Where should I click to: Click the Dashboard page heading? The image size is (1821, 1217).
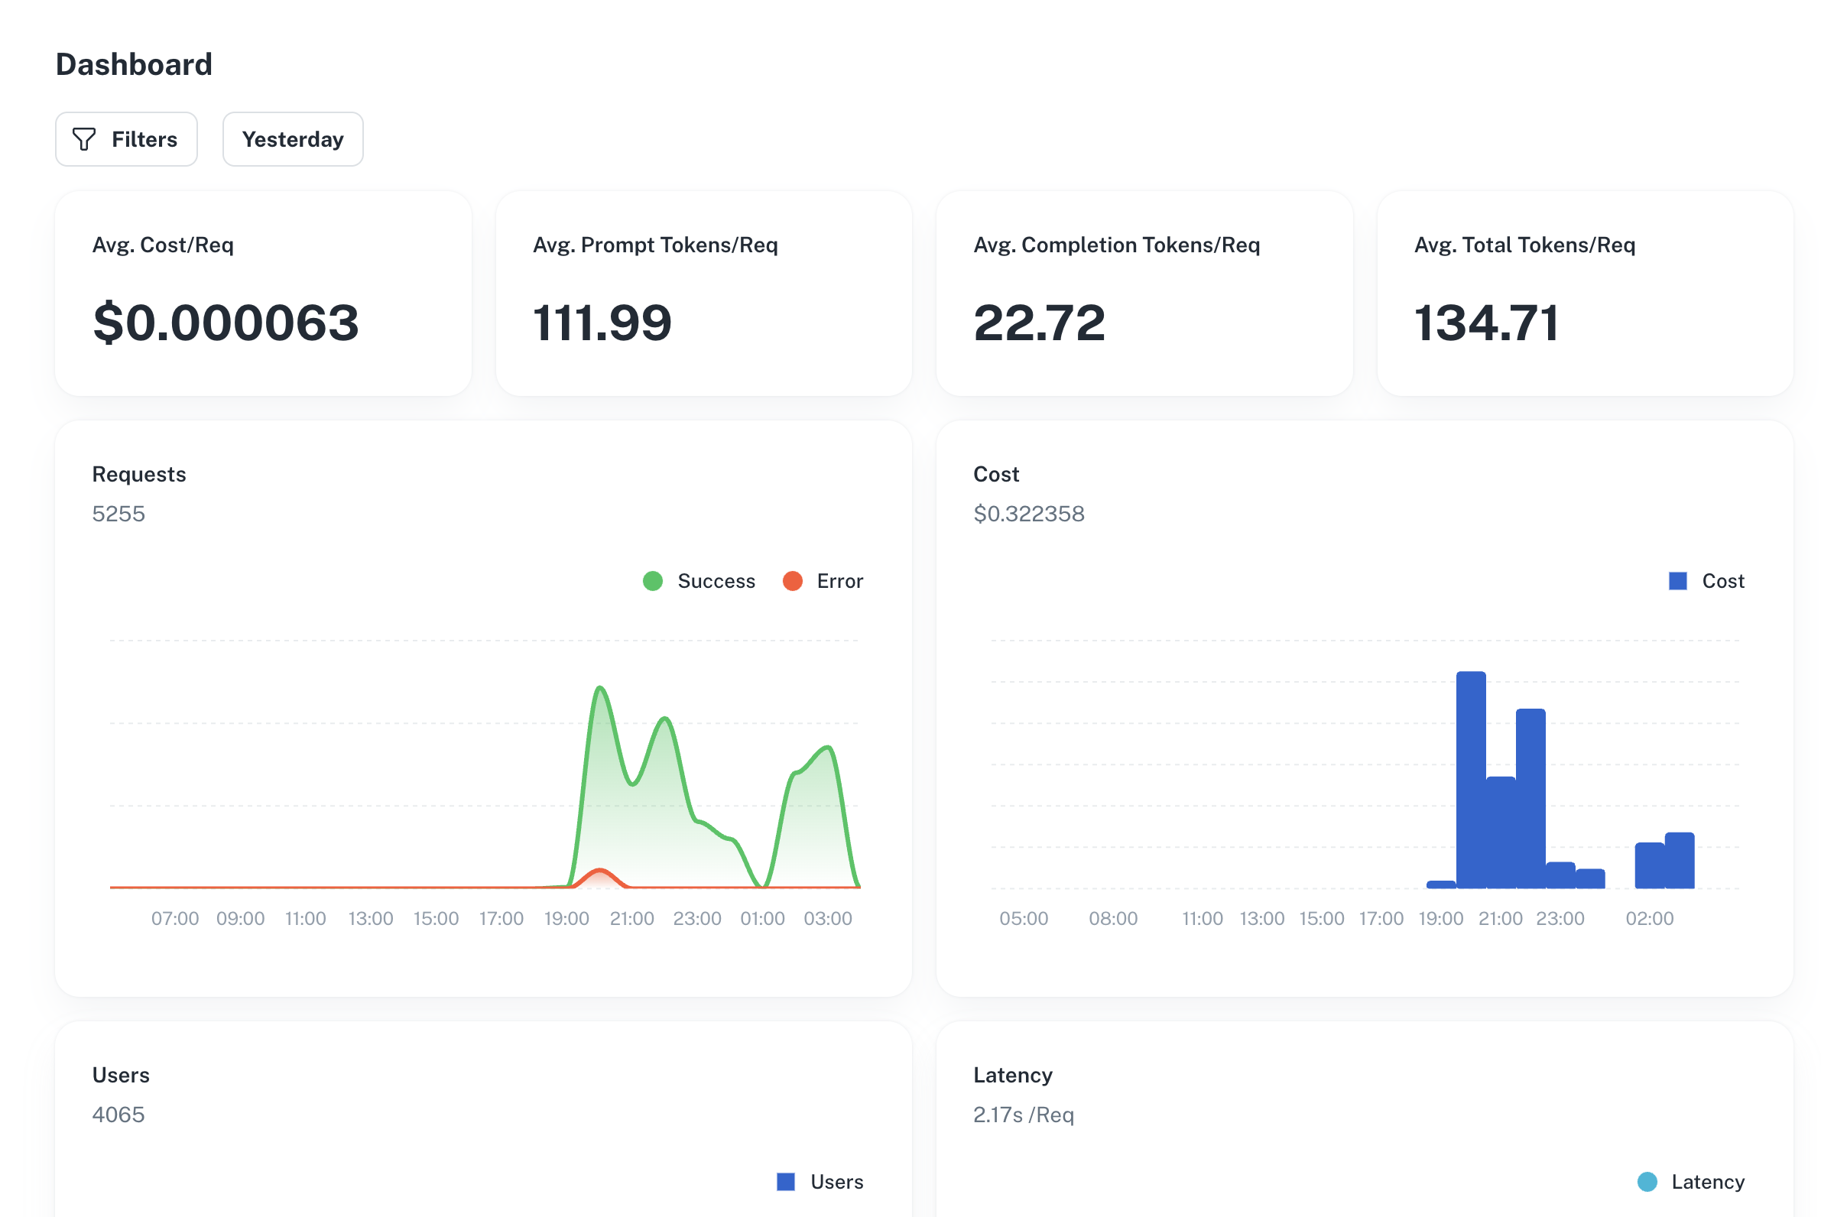[135, 64]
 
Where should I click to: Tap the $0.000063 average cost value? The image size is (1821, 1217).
[226, 323]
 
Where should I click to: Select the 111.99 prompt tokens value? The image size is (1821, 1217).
[602, 323]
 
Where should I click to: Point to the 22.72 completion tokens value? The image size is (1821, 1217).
[1040, 323]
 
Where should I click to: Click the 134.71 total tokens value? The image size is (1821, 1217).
[1486, 323]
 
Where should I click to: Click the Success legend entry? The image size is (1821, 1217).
[700, 581]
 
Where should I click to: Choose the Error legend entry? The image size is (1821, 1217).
[823, 581]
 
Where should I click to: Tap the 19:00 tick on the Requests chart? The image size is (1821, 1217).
[566, 919]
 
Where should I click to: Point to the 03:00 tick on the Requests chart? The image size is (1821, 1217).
[828, 919]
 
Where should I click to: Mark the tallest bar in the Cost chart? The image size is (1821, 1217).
[1471, 779]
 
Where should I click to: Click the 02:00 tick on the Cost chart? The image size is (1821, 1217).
[1650, 919]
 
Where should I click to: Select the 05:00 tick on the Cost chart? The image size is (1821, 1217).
[1024, 919]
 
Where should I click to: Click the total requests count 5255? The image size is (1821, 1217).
[118, 514]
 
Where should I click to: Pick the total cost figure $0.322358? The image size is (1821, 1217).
[1029, 514]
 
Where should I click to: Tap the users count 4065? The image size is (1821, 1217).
[118, 1115]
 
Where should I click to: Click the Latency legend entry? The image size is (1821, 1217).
[1691, 1182]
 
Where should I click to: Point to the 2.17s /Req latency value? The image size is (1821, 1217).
[1024, 1115]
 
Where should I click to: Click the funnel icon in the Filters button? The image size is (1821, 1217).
[84, 140]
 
